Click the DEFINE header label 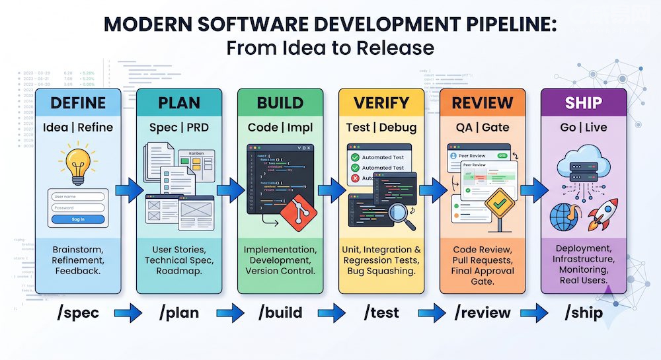pyautogui.click(x=78, y=102)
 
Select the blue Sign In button pyautogui.click(x=78, y=219)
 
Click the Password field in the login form pyautogui.click(x=78, y=207)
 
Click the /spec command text pyautogui.click(x=78, y=312)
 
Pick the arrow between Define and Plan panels pyautogui.click(x=128, y=192)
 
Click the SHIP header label pyautogui.click(x=583, y=102)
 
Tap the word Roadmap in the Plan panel pyautogui.click(x=180, y=271)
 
